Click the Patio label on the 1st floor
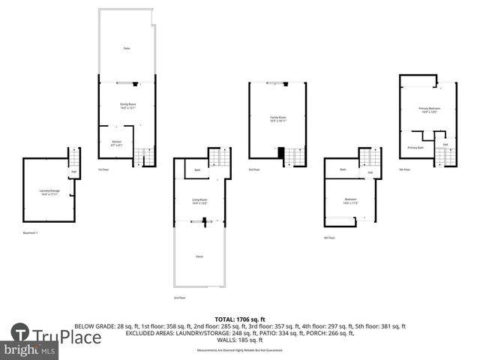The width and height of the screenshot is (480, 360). tap(127, 48)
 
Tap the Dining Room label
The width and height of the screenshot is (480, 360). tap(127, 106)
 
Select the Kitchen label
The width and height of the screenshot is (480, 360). tap(116, 142)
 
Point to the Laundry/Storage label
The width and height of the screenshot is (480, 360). tap(49, 192)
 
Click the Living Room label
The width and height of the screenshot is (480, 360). tap(199, 201)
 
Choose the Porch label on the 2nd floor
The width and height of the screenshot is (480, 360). tap(199, 256)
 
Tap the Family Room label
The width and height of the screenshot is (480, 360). tap(278, 118)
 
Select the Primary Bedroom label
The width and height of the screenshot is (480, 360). tap(429, 110)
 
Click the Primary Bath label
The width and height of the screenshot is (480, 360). tap(416, 148)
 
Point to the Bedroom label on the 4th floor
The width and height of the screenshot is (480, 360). tap(350, 200)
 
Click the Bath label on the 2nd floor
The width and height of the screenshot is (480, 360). tap(196, 170)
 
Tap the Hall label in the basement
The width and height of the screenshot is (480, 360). tap(73, 172)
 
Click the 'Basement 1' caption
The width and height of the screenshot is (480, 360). tap(31, 233)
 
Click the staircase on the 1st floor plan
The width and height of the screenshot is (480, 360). tap(145, 157)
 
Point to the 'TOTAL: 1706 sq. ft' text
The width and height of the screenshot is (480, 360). tap(239, 319)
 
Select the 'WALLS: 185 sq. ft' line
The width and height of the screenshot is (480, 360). tap(239, 340)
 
